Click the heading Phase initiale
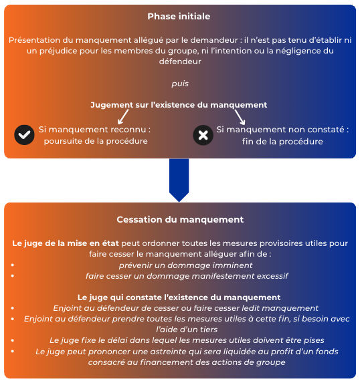tap(179, 16)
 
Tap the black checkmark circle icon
tap(24, 135)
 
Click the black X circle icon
tap(203, 135)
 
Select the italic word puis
tap(180, 84)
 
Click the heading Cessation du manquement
tap(180, 219)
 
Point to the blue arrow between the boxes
tap(179, 180)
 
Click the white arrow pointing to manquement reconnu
tap(123, 117)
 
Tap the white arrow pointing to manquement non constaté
tap(240, 117)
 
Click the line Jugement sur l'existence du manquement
tap(179, 105)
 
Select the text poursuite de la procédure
tap(96, 141)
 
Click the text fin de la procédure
tap(282, 142)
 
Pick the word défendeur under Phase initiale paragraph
tap(180, 61)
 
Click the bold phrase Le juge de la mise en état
tap(66, 243)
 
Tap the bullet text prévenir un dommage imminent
tap(185, 265)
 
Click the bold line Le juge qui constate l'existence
tap(179, 297)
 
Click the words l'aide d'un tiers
tap(187, 330)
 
